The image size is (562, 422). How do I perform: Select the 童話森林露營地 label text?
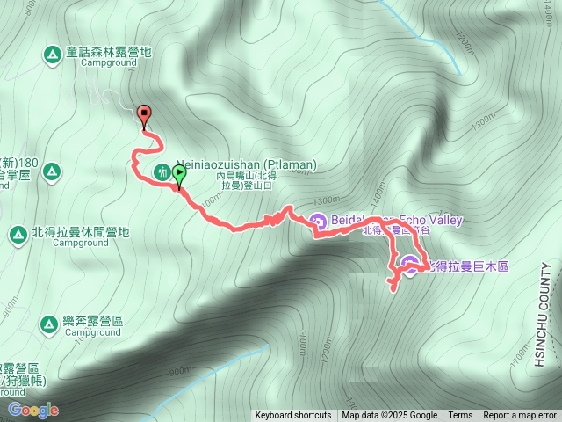click(x=109, y=52)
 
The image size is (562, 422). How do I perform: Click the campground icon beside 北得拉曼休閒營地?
click(x=18, y=234)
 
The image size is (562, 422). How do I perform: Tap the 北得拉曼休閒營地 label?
click(x=80, y=233)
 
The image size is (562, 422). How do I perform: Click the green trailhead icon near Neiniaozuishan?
click(x=162, y=171)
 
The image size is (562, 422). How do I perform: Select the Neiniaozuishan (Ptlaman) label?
click(x=246, y=164)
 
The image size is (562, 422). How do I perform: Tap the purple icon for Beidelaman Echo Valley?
click(x=318, y=221)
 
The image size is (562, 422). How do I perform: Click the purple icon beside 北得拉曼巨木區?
click(x=410, y=262)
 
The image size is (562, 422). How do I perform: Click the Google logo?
click(x=33, y=410)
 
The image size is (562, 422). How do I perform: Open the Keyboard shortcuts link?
click(x=293, y=416)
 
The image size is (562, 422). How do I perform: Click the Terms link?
click(x=460, y=416)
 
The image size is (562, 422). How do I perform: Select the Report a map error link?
click(x=520, y=416)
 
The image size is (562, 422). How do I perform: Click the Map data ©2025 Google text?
click(x=390, y=416)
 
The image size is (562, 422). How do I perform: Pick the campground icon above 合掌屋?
click(x=51, y=170)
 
